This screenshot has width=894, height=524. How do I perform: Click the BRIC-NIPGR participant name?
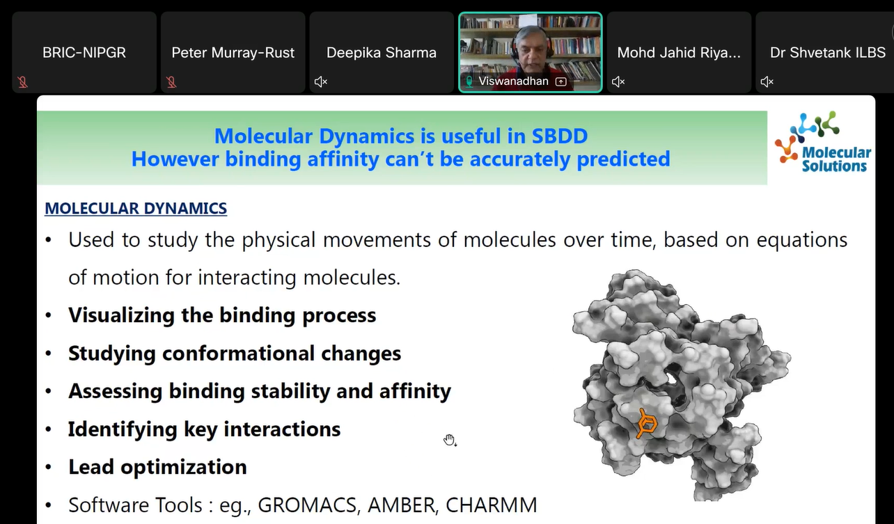click(x=84, y=53)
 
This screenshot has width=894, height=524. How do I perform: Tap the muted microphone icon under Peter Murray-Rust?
click(x=171, y=82)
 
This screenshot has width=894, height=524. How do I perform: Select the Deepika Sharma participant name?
click(x=382, y=53)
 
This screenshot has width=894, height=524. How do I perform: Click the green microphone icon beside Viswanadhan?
click(x=469, y=81)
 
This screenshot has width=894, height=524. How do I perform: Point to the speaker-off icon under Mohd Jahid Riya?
click(x=618, y=81)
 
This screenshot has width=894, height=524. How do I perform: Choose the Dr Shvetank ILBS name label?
click(x=828, y=53)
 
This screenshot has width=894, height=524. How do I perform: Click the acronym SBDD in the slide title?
click(x=560, y=136)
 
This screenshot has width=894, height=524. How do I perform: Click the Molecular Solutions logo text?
click(x=836, y=159)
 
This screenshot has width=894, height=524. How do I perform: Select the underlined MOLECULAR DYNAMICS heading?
click(x=136, y=209)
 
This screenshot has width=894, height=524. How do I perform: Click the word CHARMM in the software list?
click(x=492, y=505)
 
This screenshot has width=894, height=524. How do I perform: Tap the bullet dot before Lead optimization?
click(x=49, y=467)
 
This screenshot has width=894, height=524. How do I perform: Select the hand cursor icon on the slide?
click(x=450, y=440)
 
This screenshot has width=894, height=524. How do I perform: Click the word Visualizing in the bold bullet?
click(x=121, y=315)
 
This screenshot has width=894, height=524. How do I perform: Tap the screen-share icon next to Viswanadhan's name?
click(x=560, y=81)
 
